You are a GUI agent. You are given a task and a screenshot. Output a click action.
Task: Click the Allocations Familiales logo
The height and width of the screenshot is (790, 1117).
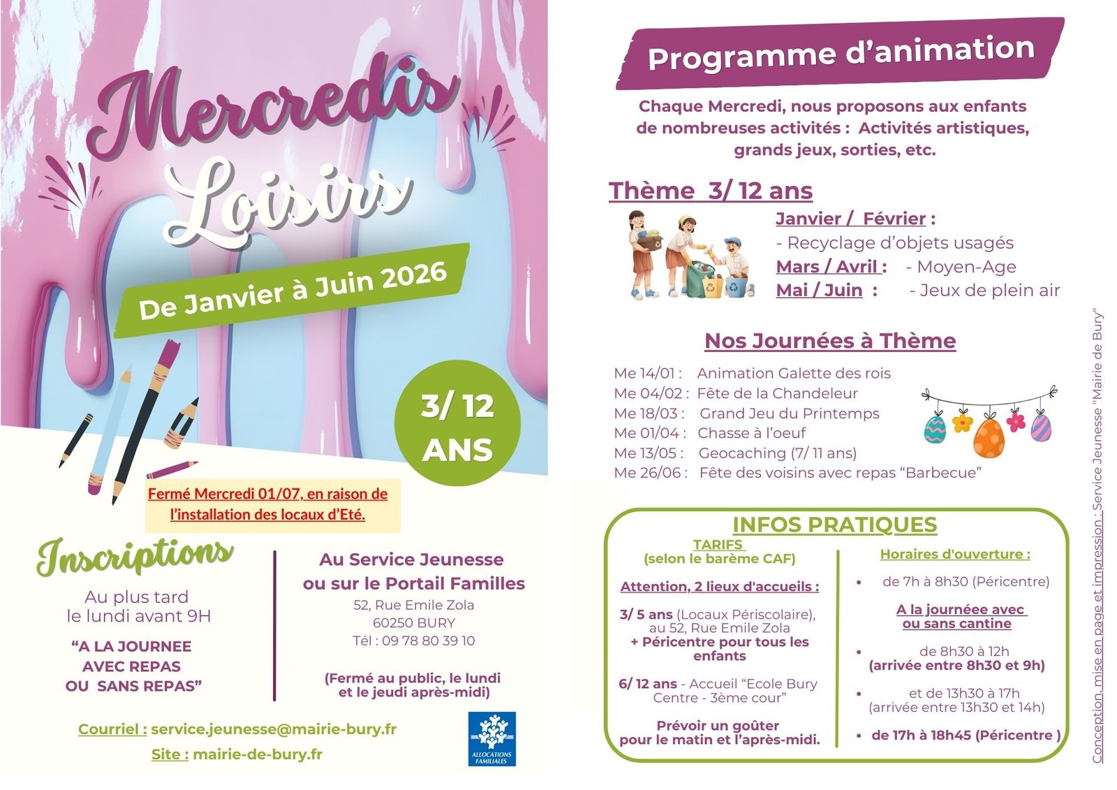492,738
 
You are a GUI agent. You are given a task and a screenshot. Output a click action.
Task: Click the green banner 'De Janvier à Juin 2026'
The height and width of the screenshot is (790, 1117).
292,291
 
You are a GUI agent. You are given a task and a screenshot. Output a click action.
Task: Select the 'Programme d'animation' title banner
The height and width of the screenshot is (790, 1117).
841,53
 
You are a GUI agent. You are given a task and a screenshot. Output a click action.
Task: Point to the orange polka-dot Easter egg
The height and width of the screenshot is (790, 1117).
989,436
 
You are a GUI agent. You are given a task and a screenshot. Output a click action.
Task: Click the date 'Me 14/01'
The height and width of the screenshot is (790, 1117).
646,374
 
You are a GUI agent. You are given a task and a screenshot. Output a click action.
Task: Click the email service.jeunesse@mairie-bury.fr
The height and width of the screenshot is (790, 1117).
274,729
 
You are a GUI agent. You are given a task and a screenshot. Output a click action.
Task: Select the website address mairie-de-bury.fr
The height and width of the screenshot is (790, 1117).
258,754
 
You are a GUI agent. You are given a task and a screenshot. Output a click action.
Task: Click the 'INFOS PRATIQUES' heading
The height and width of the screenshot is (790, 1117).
834,525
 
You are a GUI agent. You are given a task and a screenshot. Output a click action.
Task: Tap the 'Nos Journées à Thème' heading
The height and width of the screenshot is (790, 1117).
830,341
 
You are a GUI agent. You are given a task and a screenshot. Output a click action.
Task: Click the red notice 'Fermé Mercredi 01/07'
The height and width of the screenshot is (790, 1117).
268,494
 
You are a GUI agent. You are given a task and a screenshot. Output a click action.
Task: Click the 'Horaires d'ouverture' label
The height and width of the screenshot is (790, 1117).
954,555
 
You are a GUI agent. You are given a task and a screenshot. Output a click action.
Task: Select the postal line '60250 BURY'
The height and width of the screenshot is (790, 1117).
414,622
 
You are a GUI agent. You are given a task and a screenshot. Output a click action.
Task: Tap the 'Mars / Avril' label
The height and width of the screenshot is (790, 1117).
827,267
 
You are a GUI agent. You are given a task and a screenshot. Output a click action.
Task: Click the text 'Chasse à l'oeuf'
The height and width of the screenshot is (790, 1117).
751,433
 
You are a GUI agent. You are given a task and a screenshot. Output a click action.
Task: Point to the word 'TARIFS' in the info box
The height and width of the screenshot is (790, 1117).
718,545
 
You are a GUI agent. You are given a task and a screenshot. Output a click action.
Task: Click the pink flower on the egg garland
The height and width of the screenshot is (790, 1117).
1017,421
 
